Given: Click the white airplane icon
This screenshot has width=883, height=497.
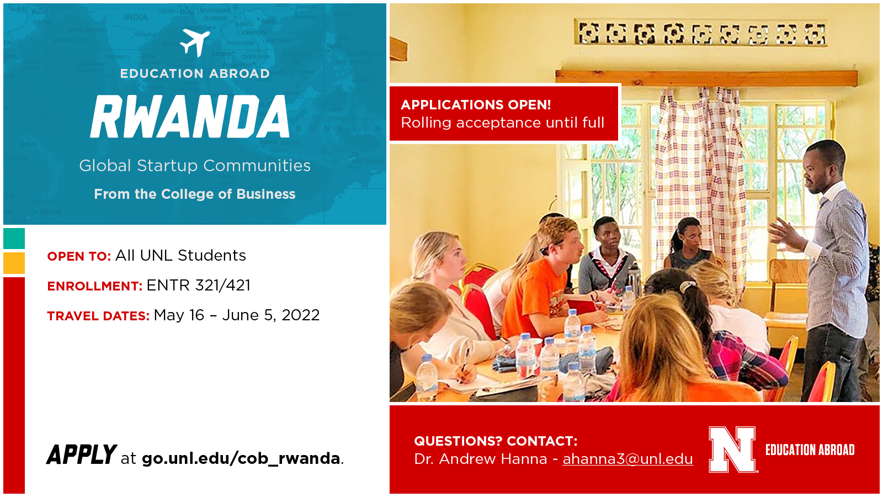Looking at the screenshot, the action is pos(195,43).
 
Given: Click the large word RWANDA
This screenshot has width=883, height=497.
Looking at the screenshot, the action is pos(190,117).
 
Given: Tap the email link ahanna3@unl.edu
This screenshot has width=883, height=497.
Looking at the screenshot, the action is pos(627,459).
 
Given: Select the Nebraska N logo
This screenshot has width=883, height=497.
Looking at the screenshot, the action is pos(732,450).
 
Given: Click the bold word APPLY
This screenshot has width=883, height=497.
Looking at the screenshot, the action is pos(82,454).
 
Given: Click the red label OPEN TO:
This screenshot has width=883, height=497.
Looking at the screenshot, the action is pos(79,256).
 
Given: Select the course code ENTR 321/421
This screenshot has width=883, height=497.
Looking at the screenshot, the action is pos(198,285).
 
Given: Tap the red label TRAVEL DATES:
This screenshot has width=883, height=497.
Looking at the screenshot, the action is pos(98,316).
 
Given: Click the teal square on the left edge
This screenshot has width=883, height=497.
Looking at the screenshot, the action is pos(14,238).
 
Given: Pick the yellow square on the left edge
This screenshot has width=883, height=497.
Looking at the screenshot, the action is pos(14,263).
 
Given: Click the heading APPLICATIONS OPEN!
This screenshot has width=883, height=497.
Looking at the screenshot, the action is pos(476,105).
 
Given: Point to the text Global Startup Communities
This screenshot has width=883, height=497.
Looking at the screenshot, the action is pos(195,166).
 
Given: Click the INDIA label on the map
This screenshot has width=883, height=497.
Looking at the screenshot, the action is pos(136,17).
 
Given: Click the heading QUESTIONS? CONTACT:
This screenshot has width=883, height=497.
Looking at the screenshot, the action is pos(496,441).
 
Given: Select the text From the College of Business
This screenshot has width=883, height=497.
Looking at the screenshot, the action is pos(195,194).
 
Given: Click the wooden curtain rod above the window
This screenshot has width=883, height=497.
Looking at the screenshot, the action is pos(706,78).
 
